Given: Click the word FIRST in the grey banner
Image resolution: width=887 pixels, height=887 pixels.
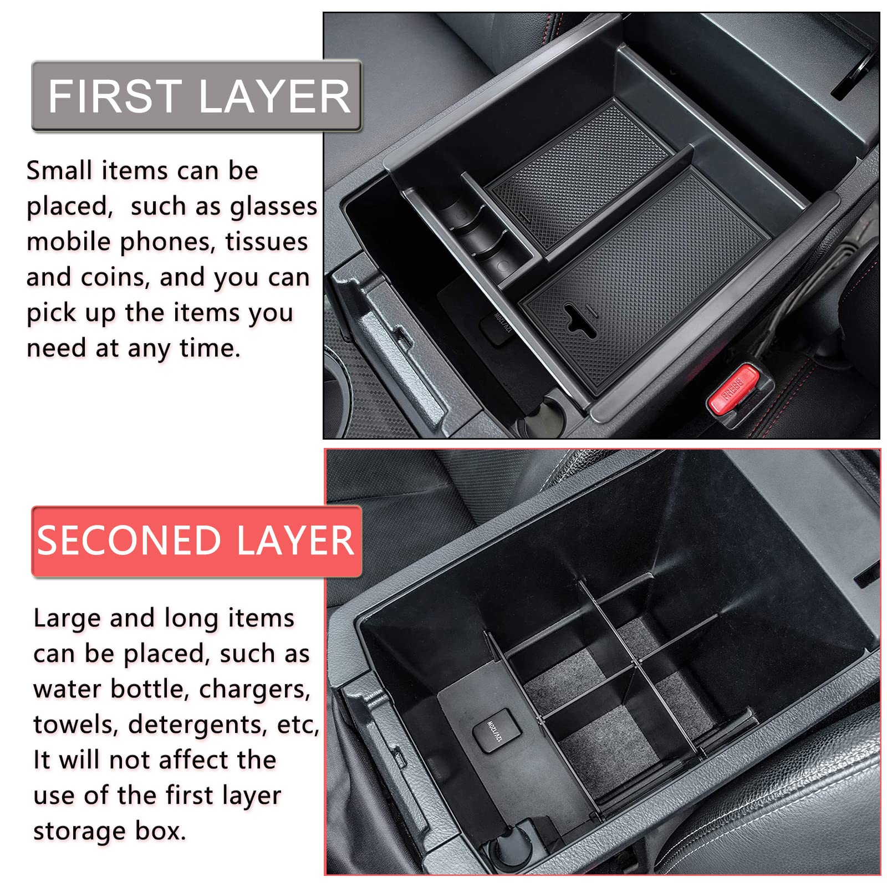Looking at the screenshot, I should [115, 96].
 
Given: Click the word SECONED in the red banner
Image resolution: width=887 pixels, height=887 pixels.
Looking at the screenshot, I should [129, 541].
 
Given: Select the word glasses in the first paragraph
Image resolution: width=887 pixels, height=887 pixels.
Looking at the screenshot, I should [273, 207].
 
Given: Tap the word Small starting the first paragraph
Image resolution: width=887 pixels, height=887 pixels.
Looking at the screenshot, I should [59, 171].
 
